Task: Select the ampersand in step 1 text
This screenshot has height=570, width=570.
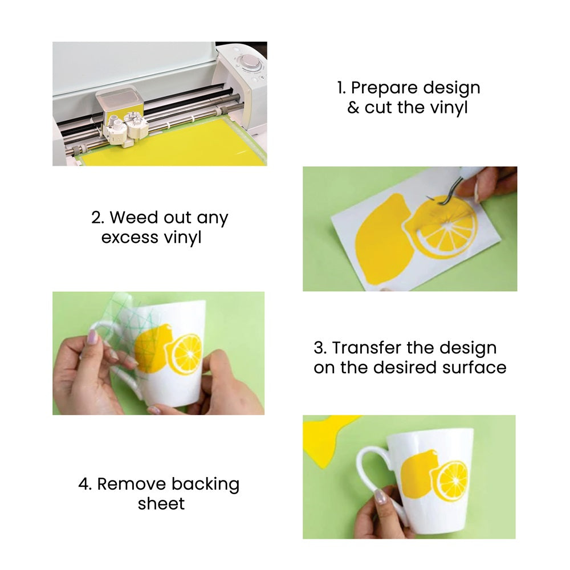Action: [x=353, y=108]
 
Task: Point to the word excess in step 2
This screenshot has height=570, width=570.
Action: [x=130, y=238]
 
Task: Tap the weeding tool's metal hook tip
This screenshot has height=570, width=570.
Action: [x=429, y=197]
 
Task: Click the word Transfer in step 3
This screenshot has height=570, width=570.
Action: [x=367, y=348]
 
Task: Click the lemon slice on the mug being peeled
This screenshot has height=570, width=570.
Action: [x=186, y=355]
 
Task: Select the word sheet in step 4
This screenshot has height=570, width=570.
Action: [x=161, y=504]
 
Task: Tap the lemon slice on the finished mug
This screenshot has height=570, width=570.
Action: [x=451, y=481]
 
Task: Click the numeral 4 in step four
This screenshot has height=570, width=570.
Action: [x=84, y=484]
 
